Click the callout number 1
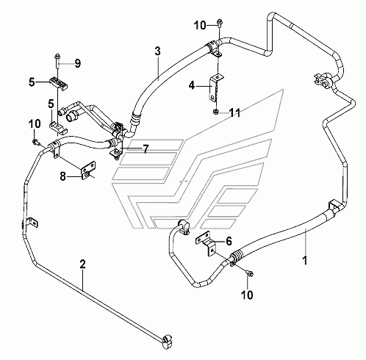(x=305, y=260)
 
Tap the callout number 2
(x=82, y=264)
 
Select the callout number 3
(x=157, y=51)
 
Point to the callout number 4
(x=192, y=86)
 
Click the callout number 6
(x=229, y=241)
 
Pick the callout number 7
(x=146, y=148)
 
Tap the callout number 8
(x=63, y=176)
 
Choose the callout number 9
(x=77, y=64)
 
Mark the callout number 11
(x=234, y=113)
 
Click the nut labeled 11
(x=215, y=112)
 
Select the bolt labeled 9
(x=58, y=60)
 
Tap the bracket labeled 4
(x=215, y=87)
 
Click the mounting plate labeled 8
(x=88, y=170)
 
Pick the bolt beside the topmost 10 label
(x=219, y=24)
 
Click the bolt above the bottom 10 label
(x=250, y=273)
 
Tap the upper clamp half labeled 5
(x=58, y=84)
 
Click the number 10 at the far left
(x=35, y=123)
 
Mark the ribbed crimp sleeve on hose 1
(x=236, y=256)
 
